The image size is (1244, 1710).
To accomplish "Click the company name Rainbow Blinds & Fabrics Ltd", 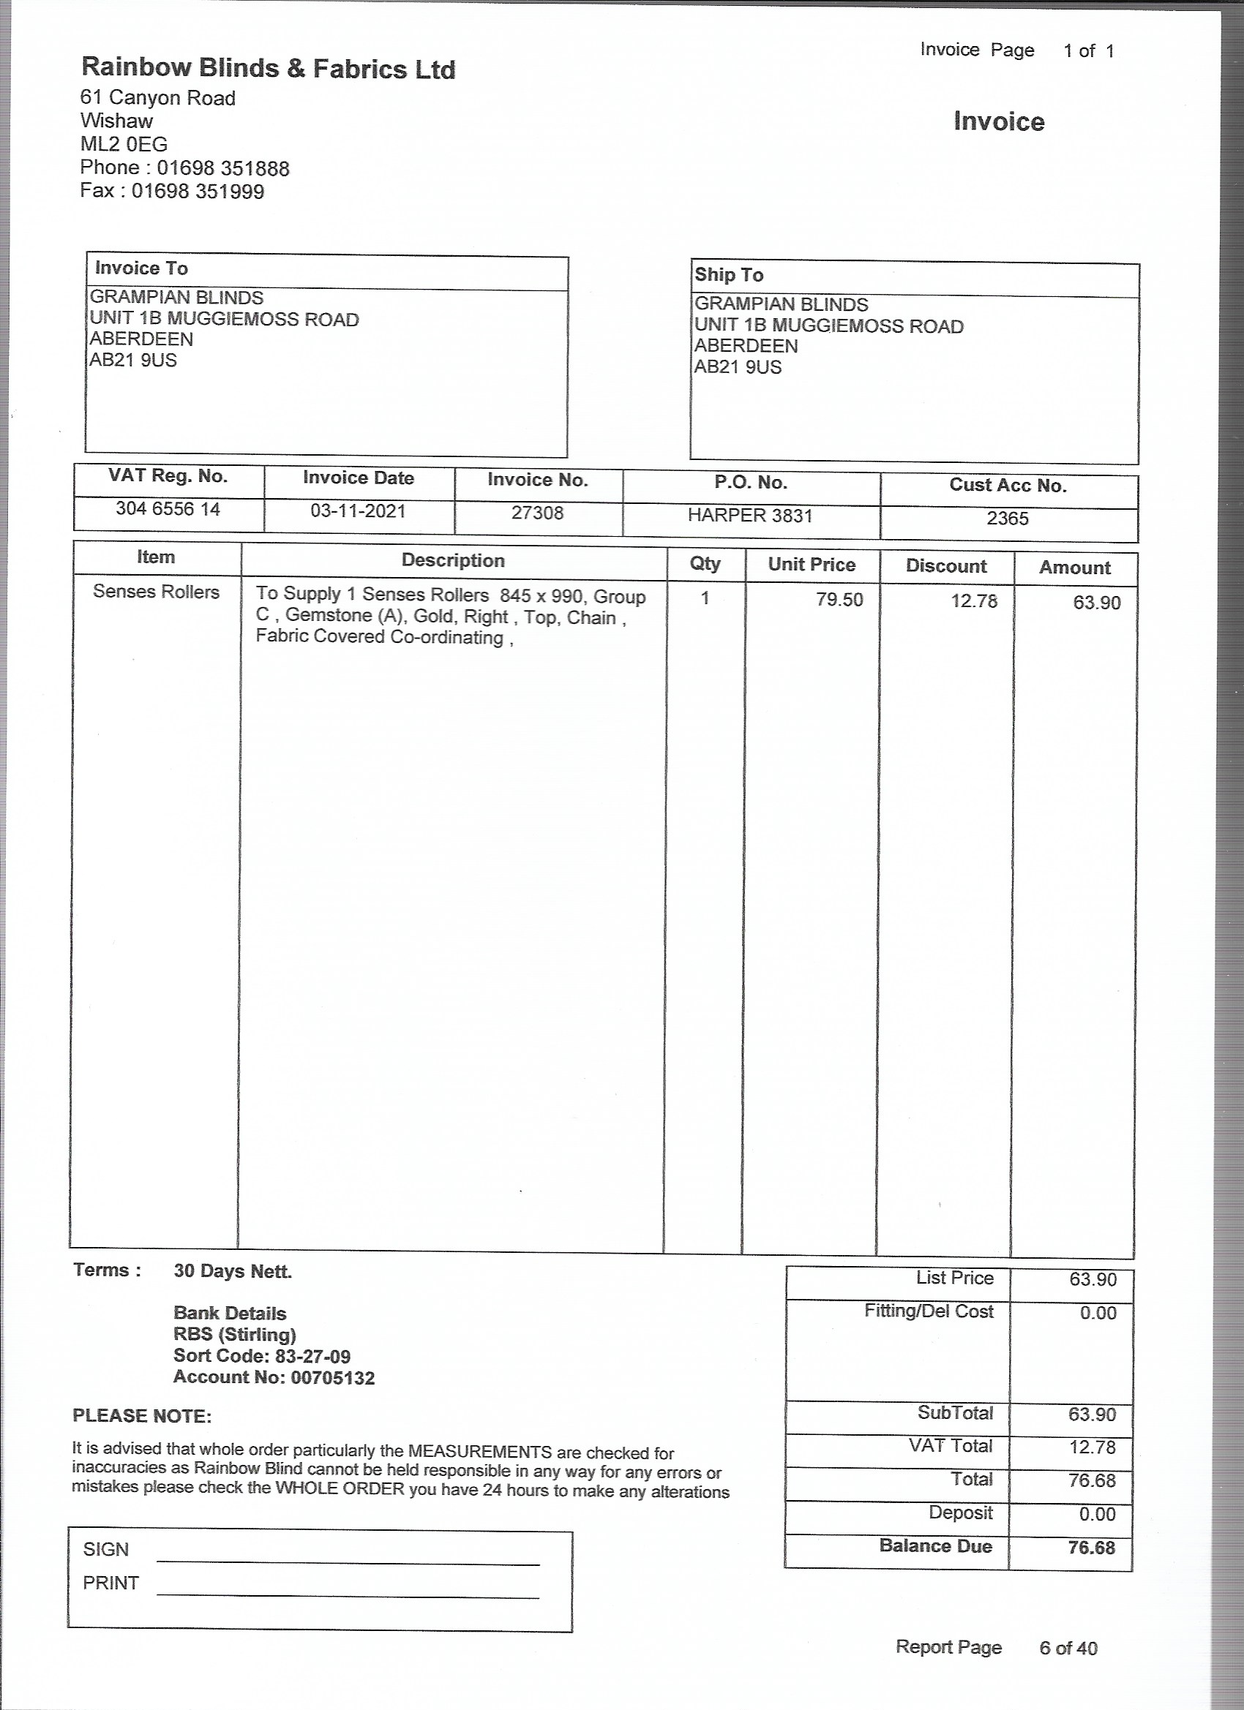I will point(268,69).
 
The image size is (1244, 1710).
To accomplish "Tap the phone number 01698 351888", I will point(222,168).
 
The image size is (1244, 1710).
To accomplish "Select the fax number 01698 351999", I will point(198,192).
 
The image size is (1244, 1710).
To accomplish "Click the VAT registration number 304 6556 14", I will point(168,509).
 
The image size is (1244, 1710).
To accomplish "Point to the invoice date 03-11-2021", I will point(358,511).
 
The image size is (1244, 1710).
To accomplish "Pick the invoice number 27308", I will point(537,513).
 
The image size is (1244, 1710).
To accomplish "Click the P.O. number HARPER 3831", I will point(750,516).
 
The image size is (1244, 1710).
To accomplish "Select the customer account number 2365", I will point(1007,518).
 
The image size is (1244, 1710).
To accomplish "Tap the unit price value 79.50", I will point(839,600).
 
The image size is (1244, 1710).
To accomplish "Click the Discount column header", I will point(946,566).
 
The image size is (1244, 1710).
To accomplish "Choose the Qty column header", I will point(705,563).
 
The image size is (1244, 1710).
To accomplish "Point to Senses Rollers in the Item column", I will point(156,592).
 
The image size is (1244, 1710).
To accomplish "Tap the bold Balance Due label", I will point(934,1546).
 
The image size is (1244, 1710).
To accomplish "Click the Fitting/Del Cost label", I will point(929,1311).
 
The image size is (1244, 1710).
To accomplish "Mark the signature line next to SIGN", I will point(348,1564).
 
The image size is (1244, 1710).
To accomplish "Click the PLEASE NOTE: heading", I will point(142,1416).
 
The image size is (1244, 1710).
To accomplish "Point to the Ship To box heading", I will point(729,274).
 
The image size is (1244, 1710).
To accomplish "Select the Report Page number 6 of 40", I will point(1068,1648).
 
